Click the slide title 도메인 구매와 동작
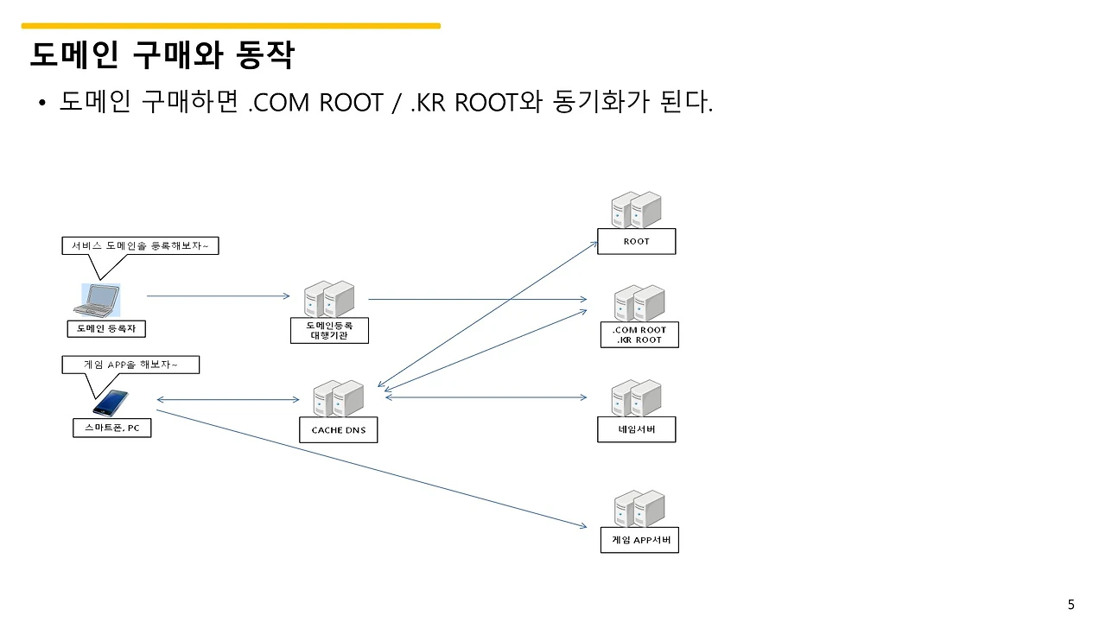tap(162, 56)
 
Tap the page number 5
tap(1071, 604)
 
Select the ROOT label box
tap(636, 242)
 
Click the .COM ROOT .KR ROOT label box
tap(639, 335)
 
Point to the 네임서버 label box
tap(636, 429)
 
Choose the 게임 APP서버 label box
tap(639, 541)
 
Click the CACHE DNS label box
tap(338, 430)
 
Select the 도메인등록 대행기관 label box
tap(329, 330)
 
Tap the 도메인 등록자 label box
tap(106, 329)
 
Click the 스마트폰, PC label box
tap(111, 428)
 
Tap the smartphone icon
tap(110, 403)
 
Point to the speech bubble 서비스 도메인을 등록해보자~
tap(140, 246)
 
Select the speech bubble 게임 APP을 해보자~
tap(130, 365)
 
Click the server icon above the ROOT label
tap(636, 210)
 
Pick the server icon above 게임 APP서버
tap(639, 509)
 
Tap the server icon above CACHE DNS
tap(338, 398)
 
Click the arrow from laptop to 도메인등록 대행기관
tap(218, 296)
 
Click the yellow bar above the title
tap(231, 26)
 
